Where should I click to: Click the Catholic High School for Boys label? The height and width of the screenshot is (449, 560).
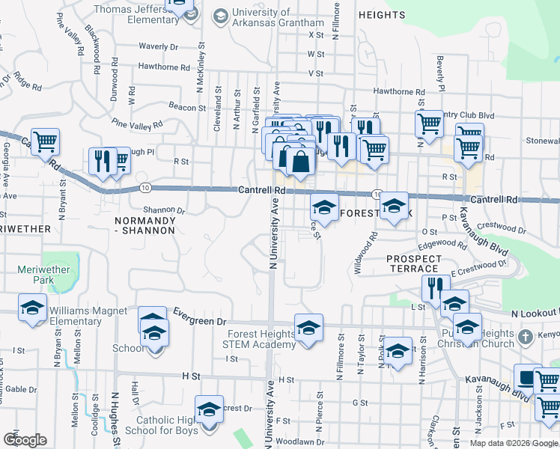coord(162,424)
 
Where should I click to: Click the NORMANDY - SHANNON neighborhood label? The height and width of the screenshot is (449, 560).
coord(145,225)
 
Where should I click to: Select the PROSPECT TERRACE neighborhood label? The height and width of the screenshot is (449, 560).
coord(413,263)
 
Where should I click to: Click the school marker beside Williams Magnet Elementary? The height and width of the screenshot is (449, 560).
coord(32,308)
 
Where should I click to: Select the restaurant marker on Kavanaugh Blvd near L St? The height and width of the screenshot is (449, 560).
coord(435,287)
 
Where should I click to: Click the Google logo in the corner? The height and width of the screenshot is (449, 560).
coord(25,440)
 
